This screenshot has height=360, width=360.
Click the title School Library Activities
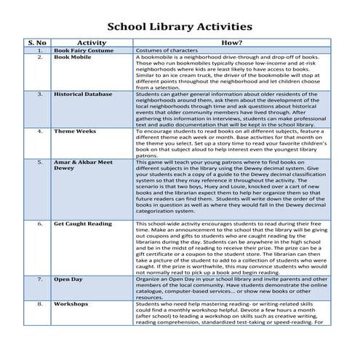[180, 27]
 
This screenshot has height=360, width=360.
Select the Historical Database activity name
[82, 94]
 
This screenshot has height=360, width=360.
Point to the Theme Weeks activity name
[74, 132]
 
